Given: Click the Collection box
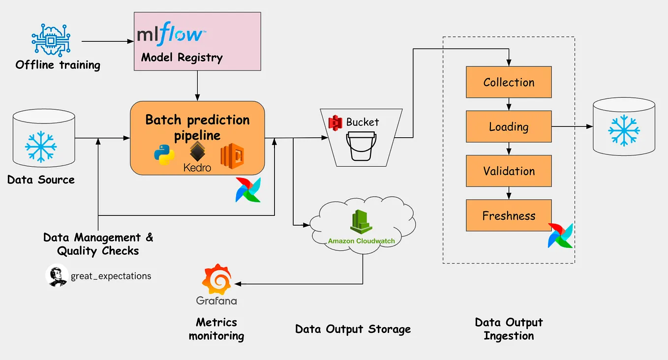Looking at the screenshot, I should (x=509, y=82).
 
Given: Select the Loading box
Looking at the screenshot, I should (x=509, y=126).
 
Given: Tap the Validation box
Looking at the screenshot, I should (x=509, y=171).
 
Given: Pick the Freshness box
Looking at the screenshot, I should (x=509, y=215).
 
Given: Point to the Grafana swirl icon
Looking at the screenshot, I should (x=216, y=279).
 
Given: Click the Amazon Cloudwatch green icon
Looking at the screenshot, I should (x=362, y=223).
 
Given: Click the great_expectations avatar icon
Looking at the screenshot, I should (x=57, y=276).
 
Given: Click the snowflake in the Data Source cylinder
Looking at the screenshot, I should (x=41, y=146).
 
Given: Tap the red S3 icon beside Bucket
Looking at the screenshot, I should (x=335, y=121).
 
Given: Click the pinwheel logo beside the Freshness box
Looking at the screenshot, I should (x=561, y=235).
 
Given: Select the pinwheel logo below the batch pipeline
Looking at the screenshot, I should (x=248, y=190).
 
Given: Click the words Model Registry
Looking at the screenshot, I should (x=182, y=58).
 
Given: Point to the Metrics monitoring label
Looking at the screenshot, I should (x=216, y=329).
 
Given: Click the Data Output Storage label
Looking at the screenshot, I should (x=353, y=329).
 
